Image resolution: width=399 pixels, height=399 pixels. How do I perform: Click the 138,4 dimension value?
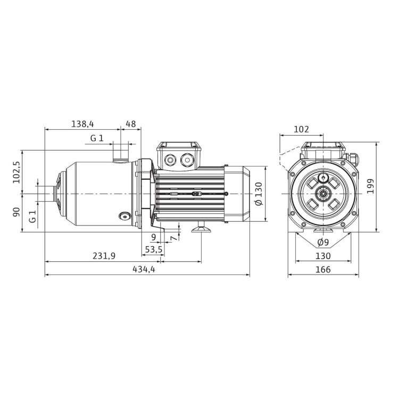pos(82,124)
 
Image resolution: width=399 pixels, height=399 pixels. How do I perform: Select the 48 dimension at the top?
pos(131,124)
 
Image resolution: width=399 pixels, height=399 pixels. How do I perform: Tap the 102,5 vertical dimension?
pos(17,172)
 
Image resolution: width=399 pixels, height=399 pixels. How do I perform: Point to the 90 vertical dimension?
pos(16,212)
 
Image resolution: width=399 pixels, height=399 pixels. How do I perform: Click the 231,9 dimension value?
pos(104,256)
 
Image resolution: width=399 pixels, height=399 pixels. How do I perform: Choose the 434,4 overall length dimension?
pos(144,269)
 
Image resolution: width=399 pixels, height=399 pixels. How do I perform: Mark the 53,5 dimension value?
pos(154,250)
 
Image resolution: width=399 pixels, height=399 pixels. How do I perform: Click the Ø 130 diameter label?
pos(259,194)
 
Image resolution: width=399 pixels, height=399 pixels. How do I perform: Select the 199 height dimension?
pos(370,186)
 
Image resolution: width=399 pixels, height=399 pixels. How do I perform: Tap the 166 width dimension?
pos(323,269)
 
